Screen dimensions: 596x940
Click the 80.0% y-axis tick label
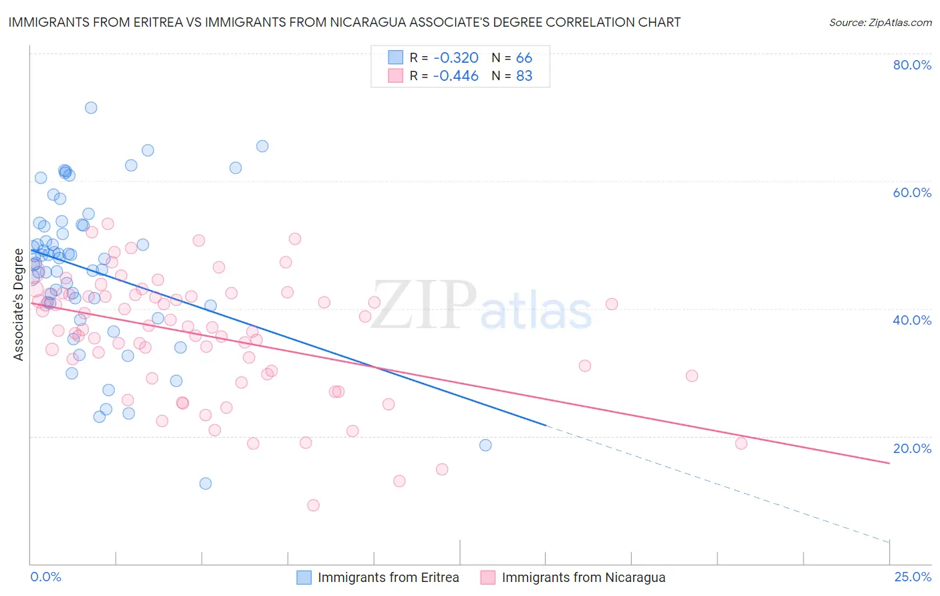912,65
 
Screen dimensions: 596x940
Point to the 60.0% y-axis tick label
912,192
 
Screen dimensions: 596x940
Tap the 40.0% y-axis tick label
912,320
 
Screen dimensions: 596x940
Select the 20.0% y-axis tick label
912,448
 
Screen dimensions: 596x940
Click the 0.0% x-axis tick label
45,577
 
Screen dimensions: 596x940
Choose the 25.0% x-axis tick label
913,577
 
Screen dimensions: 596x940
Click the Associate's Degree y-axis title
19,305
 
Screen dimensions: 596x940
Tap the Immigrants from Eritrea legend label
388,578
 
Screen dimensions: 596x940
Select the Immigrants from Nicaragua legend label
584,578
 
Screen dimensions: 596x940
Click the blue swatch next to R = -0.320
396,57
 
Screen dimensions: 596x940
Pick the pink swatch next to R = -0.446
396,76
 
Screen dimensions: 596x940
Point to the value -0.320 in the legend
456,57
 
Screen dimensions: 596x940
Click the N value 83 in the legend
524,76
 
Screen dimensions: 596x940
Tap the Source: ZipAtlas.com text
880,23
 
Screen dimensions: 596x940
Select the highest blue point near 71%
91,108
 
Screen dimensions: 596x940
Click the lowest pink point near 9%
313,505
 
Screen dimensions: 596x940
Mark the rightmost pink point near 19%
741,444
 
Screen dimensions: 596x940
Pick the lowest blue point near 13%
205,483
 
